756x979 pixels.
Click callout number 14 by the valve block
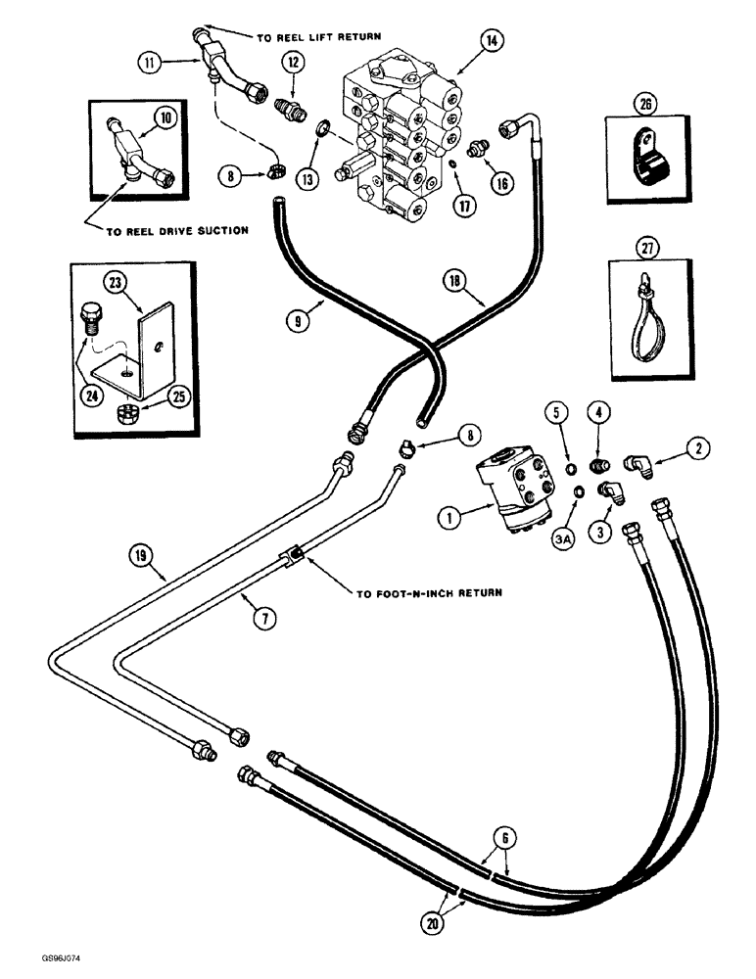(x=490, y=41)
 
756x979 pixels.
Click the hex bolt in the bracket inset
(x=89, y=319)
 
